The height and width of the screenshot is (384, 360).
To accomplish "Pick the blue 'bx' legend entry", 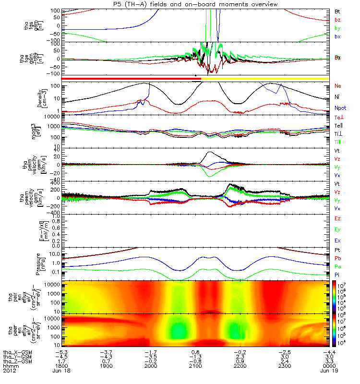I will (x=337, y=36).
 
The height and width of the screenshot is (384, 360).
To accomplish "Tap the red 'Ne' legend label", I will (x=337, y=85).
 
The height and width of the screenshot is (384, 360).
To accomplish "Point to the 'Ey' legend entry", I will (x=337, y=229).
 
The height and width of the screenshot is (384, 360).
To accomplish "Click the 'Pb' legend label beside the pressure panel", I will (x=337, y=258).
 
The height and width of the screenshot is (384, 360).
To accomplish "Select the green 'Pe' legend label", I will (x=337, y=265).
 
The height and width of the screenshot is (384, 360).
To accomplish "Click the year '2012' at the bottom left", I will (x=9, y=371).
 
